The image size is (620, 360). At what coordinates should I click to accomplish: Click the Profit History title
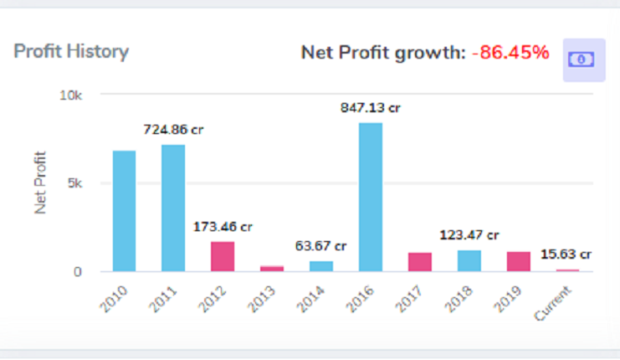coord(71,52)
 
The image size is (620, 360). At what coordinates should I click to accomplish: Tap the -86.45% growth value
coord(510,53)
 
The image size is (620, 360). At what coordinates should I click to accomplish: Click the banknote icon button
coord(583,59)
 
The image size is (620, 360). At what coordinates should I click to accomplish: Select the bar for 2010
coord(124,211)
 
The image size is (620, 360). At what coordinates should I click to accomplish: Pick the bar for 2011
coord(173,208)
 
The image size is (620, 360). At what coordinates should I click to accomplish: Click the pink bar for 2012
coord(223,256)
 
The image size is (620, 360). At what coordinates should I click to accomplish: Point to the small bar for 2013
coord(272,268)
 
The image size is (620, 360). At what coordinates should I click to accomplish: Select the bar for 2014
coord(321,265)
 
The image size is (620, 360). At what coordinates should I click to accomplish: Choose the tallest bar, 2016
coord(371,197)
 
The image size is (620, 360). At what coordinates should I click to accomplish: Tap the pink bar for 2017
coord(420,261)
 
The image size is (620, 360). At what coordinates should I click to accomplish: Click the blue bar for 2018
coord(469,260)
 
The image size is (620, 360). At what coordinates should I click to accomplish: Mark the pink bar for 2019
coord(519,261)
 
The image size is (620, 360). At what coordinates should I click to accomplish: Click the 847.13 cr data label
coord(371,107)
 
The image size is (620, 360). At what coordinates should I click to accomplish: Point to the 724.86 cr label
coord(173,130)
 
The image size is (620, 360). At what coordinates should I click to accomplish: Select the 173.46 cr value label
coord(223,226)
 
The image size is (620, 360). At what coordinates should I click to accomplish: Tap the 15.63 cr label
coord(567,254)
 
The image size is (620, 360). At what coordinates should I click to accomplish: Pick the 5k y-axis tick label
coord(74,183)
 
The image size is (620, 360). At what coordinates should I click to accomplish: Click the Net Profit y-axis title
coord(40,182)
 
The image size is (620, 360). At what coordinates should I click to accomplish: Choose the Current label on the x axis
coord(554,301)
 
